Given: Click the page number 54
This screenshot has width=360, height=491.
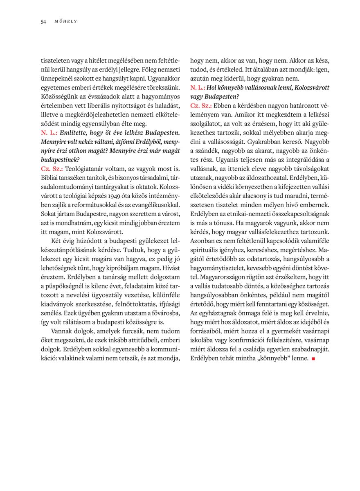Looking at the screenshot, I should tap(43, 21).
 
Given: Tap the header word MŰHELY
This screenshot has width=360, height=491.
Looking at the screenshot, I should tap(66, 21).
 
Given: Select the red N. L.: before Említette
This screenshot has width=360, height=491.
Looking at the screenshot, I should tap(49, 133).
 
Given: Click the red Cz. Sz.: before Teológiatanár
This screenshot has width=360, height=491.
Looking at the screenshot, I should tap(51, 168).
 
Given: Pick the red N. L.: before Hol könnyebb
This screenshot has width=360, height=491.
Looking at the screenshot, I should tap(198, 88).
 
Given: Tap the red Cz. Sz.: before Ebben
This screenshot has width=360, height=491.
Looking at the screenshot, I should tap(200, 106).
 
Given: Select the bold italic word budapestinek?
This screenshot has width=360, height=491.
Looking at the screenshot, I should tap(60, 160).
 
